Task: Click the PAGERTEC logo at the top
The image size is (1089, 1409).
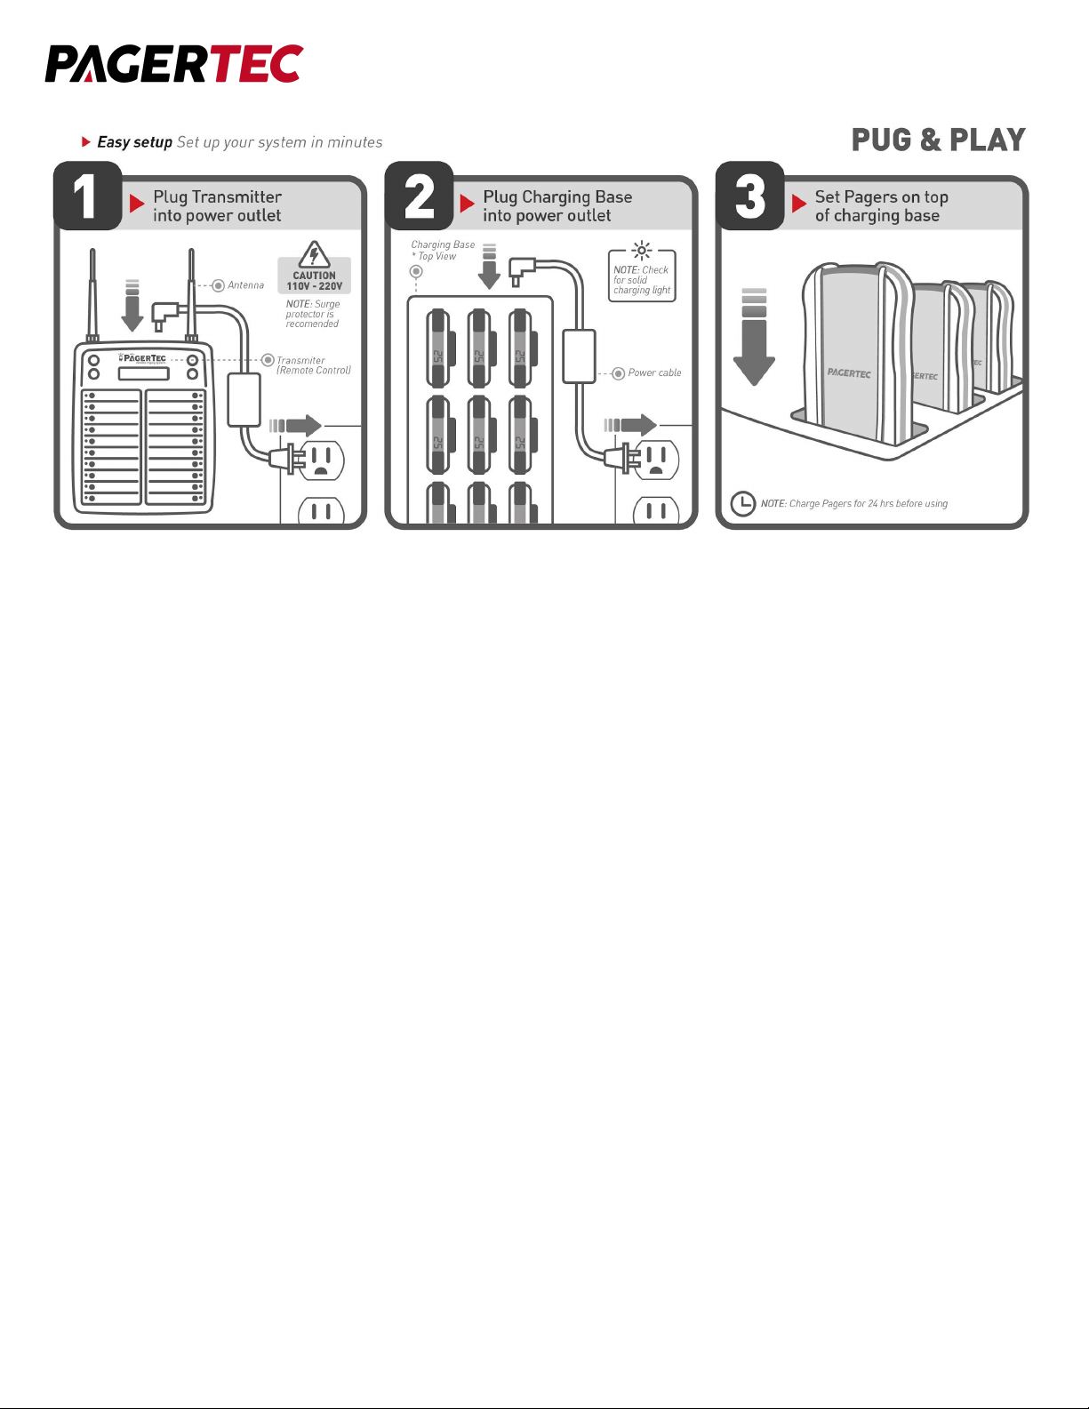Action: [x=173, y=63]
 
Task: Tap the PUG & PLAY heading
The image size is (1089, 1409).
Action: [x=938, y=140]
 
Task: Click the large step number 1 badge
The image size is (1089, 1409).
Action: [x=87, y=196]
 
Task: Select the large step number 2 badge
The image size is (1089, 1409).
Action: [x=419, y=196]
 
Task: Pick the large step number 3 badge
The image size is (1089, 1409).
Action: [x=750, y=196]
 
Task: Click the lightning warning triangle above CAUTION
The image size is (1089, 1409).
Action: [x=315, y=255]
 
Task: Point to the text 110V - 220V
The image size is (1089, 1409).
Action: [x=315, y=286]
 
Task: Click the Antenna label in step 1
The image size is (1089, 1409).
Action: [x=245, y=285]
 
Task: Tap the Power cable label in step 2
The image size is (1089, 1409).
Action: [x=654, y=372]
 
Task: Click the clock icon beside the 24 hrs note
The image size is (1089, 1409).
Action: [x=743, y=503]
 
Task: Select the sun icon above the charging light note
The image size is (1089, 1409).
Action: [x=642, y=251]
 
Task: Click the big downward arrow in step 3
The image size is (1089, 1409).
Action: [x=754, y=337]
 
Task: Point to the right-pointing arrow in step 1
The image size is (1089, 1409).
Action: [x=295, y=425]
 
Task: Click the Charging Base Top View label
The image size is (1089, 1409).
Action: [x=443, y=251]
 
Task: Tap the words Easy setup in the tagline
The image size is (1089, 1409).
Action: [x=135, y=142]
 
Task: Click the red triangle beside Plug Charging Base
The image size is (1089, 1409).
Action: [x=467, y=204]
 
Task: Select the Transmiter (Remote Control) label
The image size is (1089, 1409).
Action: [x=314, y=365]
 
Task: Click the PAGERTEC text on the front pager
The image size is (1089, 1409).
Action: [x=849, y=372]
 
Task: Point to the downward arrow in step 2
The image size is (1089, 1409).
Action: [x=490, y=267]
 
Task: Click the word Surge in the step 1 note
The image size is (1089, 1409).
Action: [x=327, y=304]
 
